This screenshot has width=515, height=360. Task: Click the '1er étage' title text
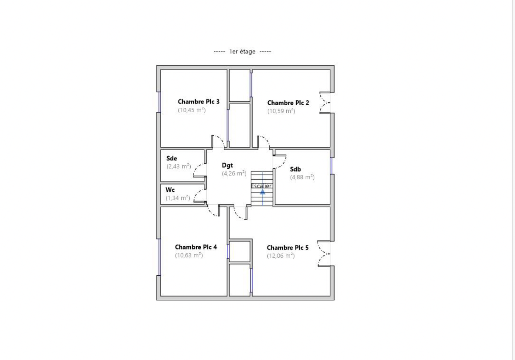point(242,51)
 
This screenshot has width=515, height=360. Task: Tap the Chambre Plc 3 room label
point(198,102)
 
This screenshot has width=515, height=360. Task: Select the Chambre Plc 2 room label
point(288,103)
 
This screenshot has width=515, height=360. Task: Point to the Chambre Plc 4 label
point(196,247)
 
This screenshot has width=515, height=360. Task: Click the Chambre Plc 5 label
point(287,248)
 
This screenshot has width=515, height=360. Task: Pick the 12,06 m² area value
point(281,256)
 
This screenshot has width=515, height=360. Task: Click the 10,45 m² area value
point(192,110)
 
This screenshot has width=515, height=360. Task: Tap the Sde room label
point(172,158)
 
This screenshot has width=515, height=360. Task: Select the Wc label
point(170,190)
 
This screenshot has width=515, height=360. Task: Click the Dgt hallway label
point(227,165)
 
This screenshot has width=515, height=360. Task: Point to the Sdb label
point(295,169)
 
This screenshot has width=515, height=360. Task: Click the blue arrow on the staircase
point(263,192)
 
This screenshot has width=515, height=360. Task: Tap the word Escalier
point(261,186)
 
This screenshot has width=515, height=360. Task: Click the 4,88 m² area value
point(302,177)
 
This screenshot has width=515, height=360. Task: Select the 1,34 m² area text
point(178,198)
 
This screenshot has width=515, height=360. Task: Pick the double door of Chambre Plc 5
point(324,254)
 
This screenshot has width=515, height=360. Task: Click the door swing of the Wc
point(200,196)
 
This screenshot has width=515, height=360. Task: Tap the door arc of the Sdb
point(280,162)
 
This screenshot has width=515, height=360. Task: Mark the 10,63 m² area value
point(189,255)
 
